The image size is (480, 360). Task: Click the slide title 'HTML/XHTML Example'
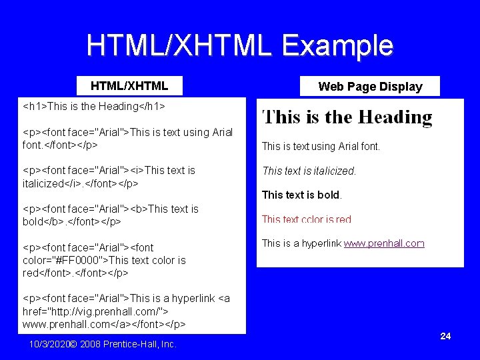click(240, 45)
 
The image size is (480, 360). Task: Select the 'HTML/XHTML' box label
click(129, 85)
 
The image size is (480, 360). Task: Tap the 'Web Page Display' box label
click(370, 86)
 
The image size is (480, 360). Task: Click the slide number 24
click(445, 336)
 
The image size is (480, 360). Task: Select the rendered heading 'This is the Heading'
click(347, 117)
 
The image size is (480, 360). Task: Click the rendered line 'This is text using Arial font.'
click(321, 146)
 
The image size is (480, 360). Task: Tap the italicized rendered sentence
click(309, 171)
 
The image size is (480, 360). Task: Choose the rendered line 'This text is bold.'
click(301, 195)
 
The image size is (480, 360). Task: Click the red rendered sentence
click(306, 219)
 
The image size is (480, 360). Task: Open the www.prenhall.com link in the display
click(384, 243)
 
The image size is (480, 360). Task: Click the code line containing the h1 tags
click(94, 106)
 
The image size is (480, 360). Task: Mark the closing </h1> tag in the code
click(152, 106)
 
